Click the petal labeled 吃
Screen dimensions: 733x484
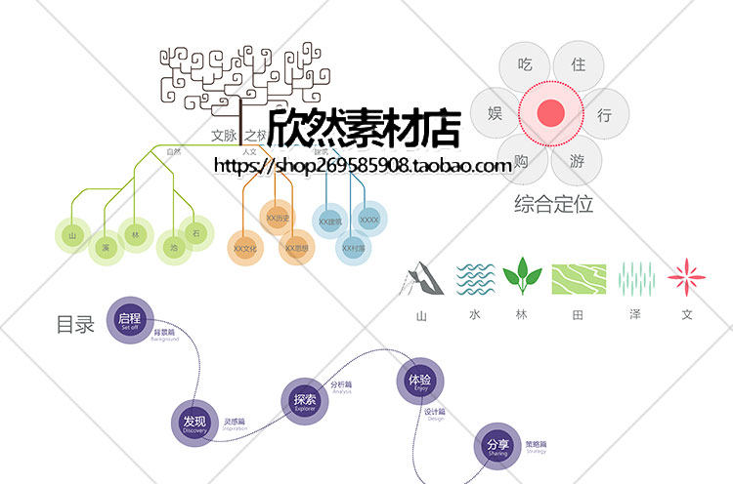tap(525, 67)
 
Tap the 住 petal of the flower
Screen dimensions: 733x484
tap(578, 65)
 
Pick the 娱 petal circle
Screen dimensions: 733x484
tap(496, 113)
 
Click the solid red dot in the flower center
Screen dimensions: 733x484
tap(550, 113)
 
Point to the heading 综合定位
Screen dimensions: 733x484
tap(553, 205)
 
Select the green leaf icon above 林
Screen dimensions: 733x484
tap(522, 278)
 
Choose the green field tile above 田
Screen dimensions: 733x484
tap(579, 279)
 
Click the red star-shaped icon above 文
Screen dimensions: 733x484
tap(687, 278)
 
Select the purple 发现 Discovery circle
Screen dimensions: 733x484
tap(194, 423)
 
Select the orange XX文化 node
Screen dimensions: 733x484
tap(244, 249)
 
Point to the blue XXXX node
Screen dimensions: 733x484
tap(369, 221)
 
